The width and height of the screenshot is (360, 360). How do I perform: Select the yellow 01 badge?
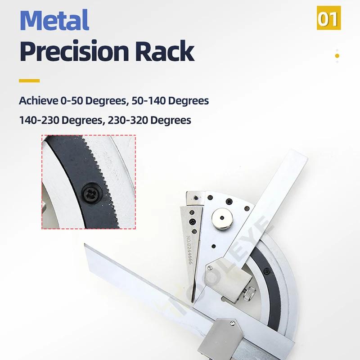tap(329, 18)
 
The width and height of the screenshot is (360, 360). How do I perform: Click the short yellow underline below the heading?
tap(29, 81)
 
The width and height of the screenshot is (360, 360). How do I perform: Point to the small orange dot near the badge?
tap(337, 56)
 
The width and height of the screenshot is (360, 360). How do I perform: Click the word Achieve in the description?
tap(38, 100)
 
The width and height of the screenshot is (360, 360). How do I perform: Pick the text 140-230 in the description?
tap(39, 121)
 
